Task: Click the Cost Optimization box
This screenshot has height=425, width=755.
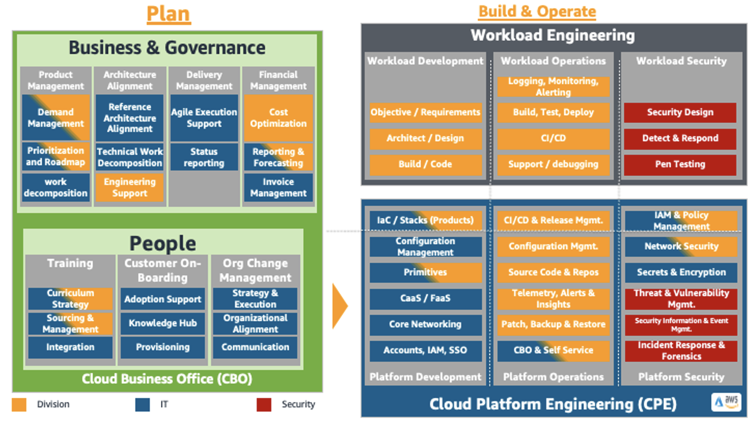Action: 278,118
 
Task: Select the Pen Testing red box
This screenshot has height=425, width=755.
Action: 680,164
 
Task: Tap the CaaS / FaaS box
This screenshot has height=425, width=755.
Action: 425,298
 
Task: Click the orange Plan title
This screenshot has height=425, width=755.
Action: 168,14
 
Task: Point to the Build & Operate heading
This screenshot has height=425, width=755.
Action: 537,11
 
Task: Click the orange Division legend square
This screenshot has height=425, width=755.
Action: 19,404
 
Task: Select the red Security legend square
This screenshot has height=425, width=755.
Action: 264,404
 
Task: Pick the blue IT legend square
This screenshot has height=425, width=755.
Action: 142,404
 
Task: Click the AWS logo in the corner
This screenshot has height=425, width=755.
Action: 726,401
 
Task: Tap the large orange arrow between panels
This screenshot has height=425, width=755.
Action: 339,306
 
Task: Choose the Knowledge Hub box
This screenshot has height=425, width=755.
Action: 162,323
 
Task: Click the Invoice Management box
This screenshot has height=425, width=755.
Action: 278,188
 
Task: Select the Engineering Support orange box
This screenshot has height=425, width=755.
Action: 129,188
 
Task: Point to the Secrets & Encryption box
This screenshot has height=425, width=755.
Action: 681,272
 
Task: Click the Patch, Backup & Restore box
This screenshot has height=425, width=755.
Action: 553,324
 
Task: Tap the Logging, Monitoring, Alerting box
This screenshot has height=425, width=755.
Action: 553,87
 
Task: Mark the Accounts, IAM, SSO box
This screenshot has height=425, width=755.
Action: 425,350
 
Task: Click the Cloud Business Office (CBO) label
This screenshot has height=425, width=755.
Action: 167,379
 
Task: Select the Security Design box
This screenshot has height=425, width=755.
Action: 680,112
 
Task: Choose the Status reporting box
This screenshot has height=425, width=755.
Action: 204,157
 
